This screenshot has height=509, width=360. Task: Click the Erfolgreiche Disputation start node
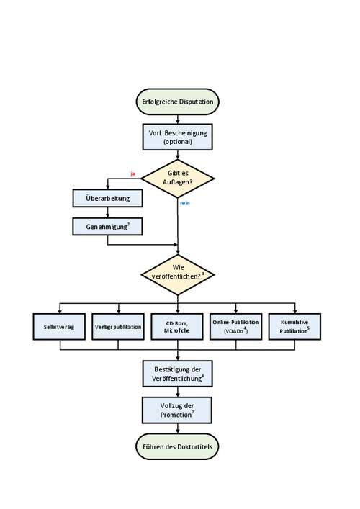click(x=178, y=102)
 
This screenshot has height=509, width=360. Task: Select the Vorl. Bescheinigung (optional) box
click(x=178, y=137)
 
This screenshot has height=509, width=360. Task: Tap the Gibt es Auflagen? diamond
click(x=178, y=179)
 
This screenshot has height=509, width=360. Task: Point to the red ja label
click(x=132, y=174)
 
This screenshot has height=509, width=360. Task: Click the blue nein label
click(x=185, y=203)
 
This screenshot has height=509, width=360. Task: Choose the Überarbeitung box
click(x=107, y=198)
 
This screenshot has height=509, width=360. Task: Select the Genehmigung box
click(x=107, y=226)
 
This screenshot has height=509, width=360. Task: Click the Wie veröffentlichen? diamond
click(x=178, y=274)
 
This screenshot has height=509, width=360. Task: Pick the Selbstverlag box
click(x=59, y=327)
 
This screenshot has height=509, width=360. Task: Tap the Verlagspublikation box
click(x=118, y=327)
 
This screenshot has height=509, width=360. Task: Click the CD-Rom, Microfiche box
click(x=177, y=327)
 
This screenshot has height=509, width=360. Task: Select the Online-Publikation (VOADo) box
click(x=236, y=327)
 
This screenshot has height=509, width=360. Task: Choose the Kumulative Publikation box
click(x=294, y=327)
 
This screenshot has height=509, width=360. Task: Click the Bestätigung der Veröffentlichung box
click(x=178, y=374)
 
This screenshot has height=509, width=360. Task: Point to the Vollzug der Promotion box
click(x=177, y=410)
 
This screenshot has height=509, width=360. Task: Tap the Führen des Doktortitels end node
click(x=177, y=446)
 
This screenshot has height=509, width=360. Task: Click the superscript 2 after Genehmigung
click(x=129, y=224)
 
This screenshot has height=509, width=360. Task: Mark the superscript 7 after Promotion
click(x=193, y=413)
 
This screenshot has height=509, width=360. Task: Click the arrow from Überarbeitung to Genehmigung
click(x=107, y=212)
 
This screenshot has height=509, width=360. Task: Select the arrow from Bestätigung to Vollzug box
click(x=178, y=392)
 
